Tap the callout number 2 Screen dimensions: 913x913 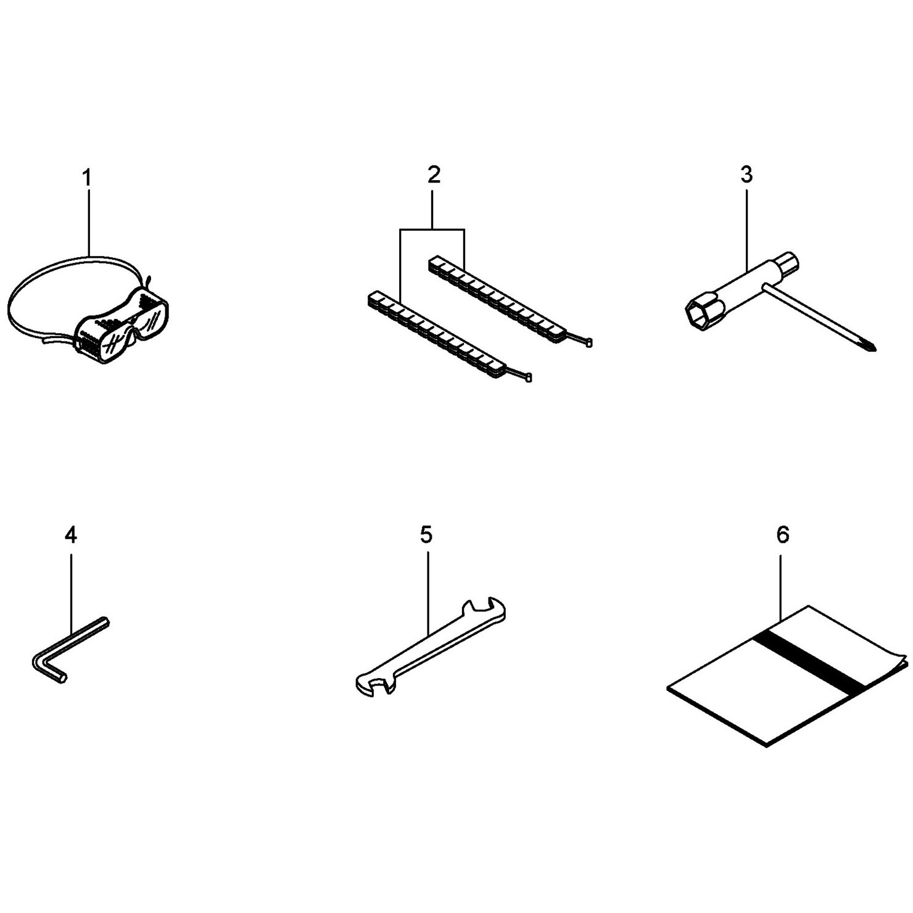(434, 175)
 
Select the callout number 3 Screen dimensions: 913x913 (746, 175)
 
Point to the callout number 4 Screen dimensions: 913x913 (71, 535)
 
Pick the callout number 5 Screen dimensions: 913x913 (426, 535)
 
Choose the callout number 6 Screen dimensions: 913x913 (782, 535)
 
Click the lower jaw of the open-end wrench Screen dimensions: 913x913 (373, 684)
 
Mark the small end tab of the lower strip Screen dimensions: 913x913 (528, 378)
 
